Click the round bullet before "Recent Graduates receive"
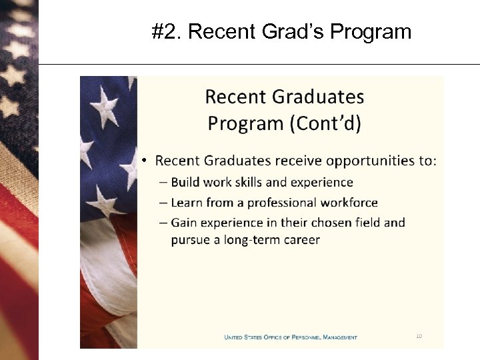[x=145, y=161]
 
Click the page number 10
[x=419, y=336]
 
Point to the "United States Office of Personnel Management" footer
[x=290, y=337]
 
